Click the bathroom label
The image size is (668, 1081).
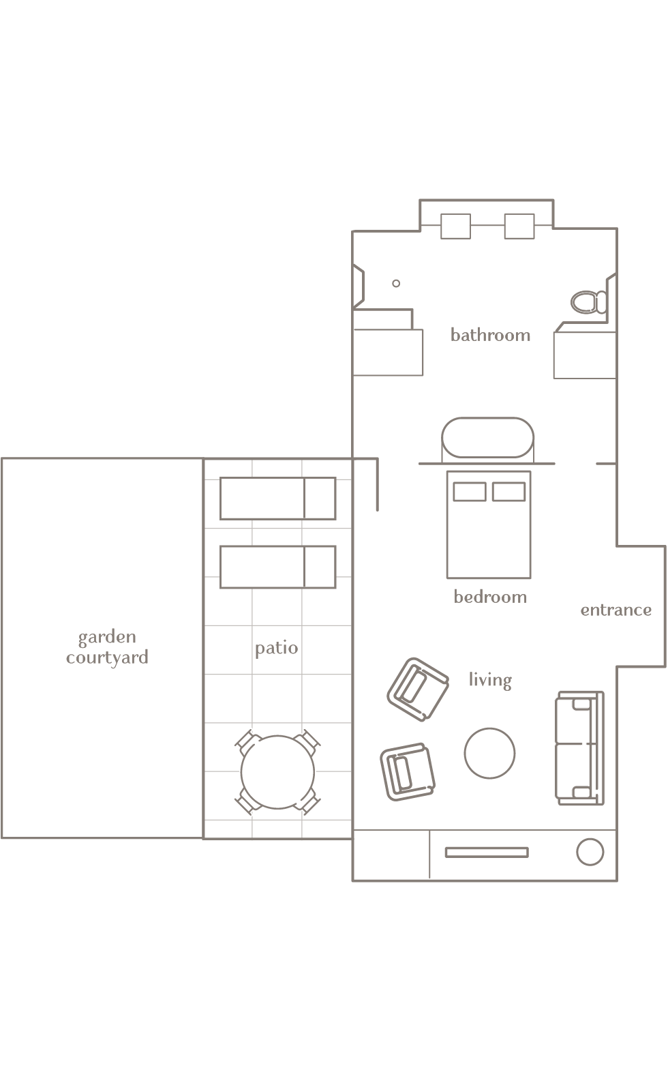(490, 335)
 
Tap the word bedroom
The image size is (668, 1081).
(490, 597)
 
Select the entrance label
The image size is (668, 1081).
(616, 610)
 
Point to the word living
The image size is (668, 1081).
(489, 680)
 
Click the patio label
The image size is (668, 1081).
(276, 648)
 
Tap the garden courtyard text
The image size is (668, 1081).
(107, 647)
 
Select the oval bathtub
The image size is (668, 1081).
(487, 438)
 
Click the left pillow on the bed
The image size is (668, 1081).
(470, 492)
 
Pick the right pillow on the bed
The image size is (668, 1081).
(508, 492)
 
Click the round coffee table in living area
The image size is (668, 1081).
(489, 754)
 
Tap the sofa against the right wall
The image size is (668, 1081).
(579, 748)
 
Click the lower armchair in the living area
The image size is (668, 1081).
(407, 771)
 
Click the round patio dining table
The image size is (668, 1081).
(277, 772)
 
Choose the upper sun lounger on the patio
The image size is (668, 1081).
(277, 499)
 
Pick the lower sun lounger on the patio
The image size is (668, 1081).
(277, 567)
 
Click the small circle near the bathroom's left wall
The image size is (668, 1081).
(396, 283)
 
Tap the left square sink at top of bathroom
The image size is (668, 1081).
(455, 226)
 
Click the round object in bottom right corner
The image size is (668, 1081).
(590, 852)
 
